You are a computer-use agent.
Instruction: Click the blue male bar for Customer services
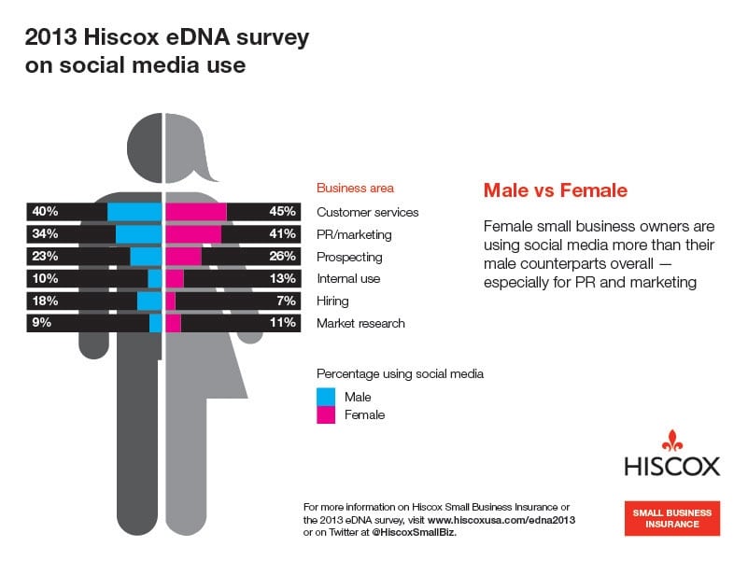(x=135, y=212)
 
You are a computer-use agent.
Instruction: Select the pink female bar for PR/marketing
(x=193, y=234)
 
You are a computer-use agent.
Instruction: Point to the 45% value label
(x=282, y=212)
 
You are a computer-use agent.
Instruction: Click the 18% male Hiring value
(x=45, y=301)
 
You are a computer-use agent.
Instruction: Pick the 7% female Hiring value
(x=286, y=301)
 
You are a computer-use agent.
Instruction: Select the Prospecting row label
(x=349, y=257)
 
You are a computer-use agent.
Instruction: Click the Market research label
(x=360, y=323)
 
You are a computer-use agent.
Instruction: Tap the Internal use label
(x=348, y=278)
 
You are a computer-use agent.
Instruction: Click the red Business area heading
(x=355, y=188)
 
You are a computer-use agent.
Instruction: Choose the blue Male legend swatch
(x=326, y=397)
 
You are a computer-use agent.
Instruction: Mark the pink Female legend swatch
(x=326, y=414)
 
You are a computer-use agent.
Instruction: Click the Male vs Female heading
(x=555, y=190)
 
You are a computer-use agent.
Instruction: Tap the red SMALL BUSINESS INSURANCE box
(x=672, y=518)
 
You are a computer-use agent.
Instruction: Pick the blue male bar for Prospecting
(x=147, y=257)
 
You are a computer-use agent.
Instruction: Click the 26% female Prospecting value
(x=282, y=257)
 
